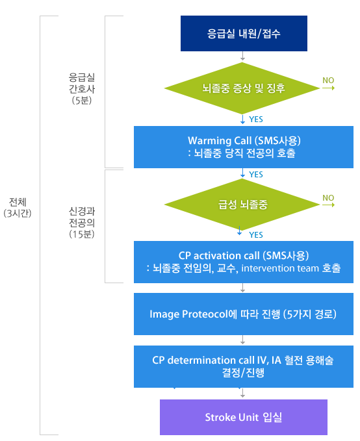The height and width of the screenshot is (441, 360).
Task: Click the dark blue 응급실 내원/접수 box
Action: click(x=244, y=34)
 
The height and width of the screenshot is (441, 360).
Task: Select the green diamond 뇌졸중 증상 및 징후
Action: click(x=242, y=88)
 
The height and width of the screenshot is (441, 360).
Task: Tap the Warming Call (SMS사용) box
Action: click(x=244, y=147)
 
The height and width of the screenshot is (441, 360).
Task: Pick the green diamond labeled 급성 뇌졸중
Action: click(x=242, y=205)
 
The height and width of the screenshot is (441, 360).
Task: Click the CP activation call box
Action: click(x=244, y=262)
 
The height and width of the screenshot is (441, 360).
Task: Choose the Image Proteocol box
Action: click(x=244, y=314)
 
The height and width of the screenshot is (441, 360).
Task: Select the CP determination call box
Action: click(x=244, y=366)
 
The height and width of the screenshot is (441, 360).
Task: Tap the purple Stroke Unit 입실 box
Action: click(x=244, y=417)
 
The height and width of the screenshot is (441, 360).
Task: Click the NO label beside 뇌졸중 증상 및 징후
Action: click(x=328, y=81)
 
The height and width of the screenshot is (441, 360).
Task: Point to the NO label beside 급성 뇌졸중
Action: click(x=328, y=198)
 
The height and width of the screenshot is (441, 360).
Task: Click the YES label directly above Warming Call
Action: click(x=256, y=120)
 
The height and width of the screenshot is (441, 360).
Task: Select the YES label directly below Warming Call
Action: click(x=256, y=174)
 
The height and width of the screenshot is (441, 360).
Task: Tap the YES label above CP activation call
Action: click(x=256, y=235)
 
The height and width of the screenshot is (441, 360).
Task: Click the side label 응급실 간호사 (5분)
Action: click(x=82, y=88)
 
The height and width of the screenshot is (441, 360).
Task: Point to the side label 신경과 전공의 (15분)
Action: click(x=82, y=223)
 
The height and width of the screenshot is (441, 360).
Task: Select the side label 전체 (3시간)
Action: click(x=18, y=208)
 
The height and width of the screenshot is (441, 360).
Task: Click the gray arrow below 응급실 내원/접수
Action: click(x=242, y=56)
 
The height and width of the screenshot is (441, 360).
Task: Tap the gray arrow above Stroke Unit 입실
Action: click(x=242, y=393)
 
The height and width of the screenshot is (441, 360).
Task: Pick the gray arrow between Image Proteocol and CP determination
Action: click(x=242, y=340)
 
